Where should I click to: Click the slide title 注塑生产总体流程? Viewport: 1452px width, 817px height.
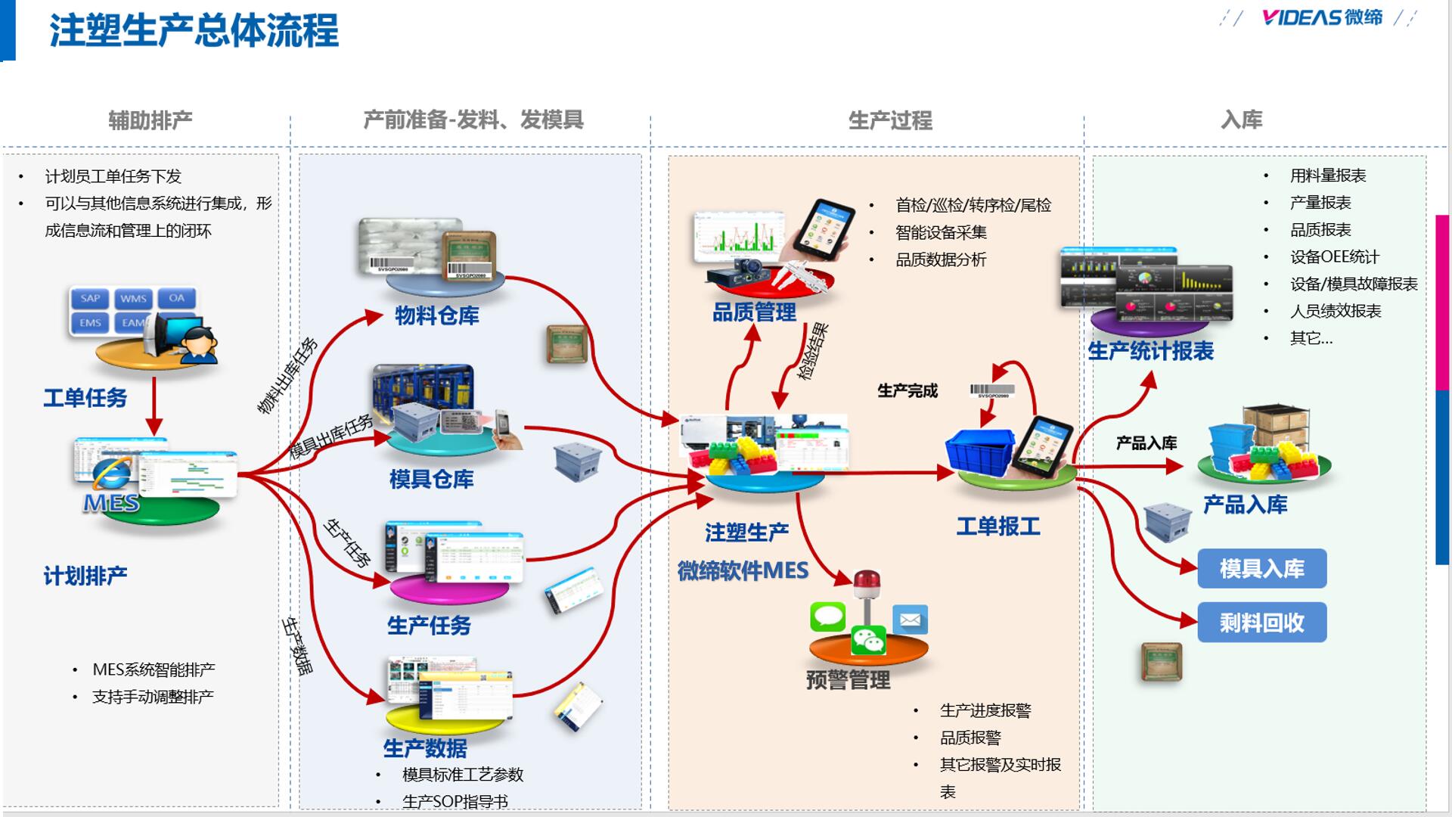point(194,32)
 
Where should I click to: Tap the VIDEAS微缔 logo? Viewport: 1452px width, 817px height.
point(1321,17)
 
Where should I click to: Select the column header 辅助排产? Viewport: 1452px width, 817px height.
point(150,120)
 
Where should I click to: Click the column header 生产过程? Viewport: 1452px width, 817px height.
point(889,120)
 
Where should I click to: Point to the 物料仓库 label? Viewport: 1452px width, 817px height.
point(436,315)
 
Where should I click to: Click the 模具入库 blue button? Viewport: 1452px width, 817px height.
point(1261,569)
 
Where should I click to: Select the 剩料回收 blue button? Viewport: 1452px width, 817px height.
point(1261,623)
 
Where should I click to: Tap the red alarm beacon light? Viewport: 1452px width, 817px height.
point(867,585)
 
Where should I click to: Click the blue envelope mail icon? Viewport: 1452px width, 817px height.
point(910,620)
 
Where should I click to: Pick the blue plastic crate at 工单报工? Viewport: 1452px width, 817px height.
point(979,452)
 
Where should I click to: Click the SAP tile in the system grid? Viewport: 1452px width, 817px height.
point(90,298)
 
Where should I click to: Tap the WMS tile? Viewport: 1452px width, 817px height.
point(133,298)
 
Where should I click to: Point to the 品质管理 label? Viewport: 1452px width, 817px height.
point(753,312)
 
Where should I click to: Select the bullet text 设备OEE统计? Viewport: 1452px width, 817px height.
point(1334,257)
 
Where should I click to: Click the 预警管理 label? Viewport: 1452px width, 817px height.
point(847,679)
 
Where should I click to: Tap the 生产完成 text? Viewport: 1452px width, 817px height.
point(907,391)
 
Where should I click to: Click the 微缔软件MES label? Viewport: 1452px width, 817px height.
point(743,570)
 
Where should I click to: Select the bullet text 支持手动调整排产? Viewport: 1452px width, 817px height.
point(153,697)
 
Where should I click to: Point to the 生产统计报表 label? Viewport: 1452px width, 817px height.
point(1149,351)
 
